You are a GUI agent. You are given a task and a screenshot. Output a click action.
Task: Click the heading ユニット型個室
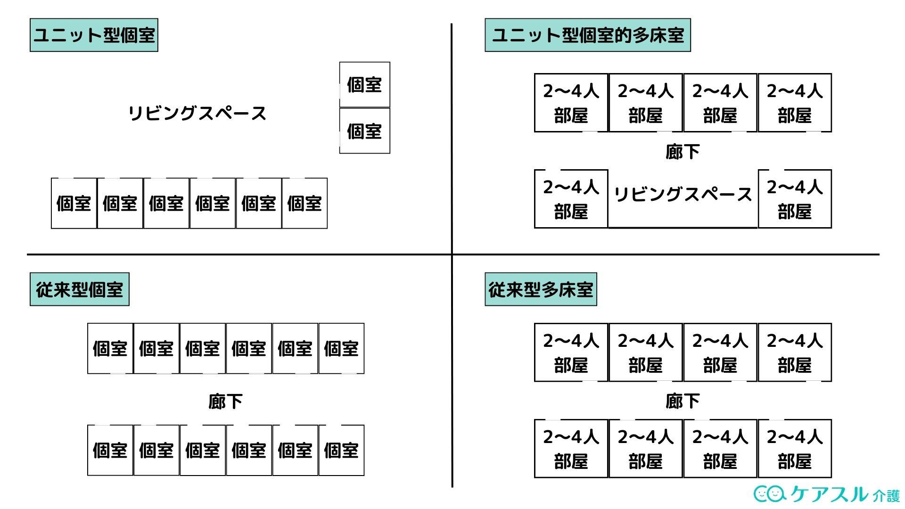94,35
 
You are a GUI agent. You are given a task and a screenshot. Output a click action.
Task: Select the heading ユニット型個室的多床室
587,35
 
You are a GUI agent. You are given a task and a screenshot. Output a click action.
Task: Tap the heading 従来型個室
79,289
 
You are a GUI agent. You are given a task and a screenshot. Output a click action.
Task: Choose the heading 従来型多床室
541,289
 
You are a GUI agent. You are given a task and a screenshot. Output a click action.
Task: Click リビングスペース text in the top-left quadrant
197,114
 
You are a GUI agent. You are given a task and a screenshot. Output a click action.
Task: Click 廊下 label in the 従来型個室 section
225,402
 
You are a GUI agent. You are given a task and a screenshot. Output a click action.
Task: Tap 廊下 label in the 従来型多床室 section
682,401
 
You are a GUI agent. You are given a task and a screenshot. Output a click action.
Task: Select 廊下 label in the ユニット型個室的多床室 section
682,152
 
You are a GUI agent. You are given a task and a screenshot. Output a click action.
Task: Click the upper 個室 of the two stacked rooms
364,85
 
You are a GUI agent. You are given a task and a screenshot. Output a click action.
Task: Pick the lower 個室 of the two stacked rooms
364,131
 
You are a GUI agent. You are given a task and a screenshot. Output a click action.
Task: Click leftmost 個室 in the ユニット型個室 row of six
74,204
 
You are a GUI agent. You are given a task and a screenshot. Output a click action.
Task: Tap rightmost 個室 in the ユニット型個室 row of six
304,204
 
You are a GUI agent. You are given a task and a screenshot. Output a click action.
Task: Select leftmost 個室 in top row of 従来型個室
110,349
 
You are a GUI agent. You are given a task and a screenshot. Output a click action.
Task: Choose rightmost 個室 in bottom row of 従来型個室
341,451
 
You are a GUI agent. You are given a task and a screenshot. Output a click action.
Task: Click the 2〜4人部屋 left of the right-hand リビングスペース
571,199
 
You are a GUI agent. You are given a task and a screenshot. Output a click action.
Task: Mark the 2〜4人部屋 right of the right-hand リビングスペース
795,199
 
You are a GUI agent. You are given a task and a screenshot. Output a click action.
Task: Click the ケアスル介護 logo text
844,494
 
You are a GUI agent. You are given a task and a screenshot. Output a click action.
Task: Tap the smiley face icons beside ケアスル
770,494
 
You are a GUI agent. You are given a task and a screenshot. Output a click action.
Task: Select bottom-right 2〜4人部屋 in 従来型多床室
795,449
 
